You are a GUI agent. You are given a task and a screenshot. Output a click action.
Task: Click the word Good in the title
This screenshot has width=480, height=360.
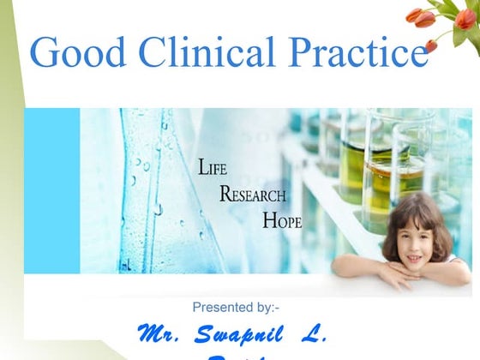pyautogui.click(x=72, y=53)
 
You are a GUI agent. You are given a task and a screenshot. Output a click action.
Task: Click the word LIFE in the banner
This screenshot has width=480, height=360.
pyautogui.click(x=213, y=168)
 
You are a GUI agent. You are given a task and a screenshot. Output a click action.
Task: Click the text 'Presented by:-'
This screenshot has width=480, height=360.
pyautogui.click(x=236, y=307)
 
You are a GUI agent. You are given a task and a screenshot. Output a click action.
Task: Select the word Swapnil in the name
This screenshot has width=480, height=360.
pyautogui.click(x=249, y=333)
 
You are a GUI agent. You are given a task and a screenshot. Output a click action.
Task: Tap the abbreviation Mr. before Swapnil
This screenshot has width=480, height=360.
pyautogui.click(x=161, y=333)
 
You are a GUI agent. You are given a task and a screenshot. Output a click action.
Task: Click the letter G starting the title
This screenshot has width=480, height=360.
pyautogui.click(x=45, y=53)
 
